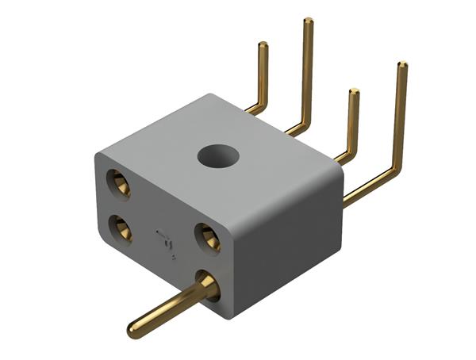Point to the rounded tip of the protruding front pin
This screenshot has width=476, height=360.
pos(135,326)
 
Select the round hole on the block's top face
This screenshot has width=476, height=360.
pos(218,156)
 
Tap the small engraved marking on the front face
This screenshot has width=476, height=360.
pos(166,237)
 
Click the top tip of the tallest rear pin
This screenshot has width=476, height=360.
pos(308,21)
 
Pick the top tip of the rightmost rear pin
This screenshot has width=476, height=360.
pos(402,65)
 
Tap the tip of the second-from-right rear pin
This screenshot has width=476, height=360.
pos(354,92)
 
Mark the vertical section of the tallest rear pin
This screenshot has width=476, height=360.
pos(307,71)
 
